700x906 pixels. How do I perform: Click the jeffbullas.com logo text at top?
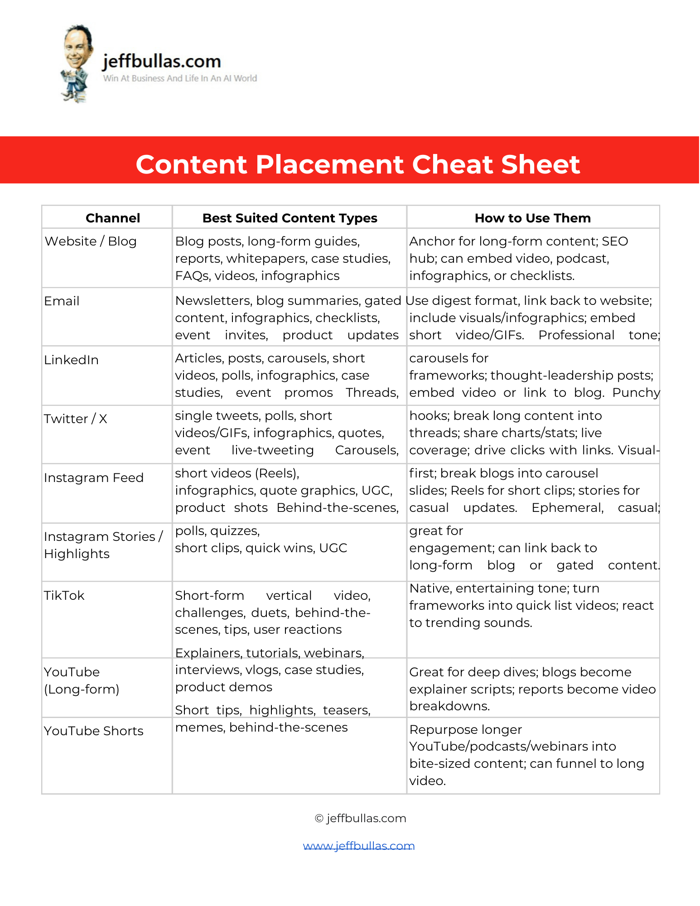point(162,61)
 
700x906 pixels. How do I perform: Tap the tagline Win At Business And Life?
point(180,78)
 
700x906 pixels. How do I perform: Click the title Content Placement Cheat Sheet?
point(357,164)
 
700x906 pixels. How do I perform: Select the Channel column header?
point(113,218)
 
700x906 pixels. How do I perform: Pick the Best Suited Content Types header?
point(290,218)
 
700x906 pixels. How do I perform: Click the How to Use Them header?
point(532,218)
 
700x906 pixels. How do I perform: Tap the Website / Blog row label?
point(91,241)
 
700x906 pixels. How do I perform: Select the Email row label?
point(62,301)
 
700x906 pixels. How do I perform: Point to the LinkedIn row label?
point(71,360)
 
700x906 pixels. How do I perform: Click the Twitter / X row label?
point(76,419)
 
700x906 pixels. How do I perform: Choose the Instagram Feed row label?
point(94,477)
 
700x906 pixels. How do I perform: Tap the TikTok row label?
point(64,595)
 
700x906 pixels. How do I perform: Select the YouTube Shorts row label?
point(94,731)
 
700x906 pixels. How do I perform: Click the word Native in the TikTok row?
point(430,588)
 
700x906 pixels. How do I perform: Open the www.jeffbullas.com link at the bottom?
point(359,846)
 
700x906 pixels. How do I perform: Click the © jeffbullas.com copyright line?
point(361,818)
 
